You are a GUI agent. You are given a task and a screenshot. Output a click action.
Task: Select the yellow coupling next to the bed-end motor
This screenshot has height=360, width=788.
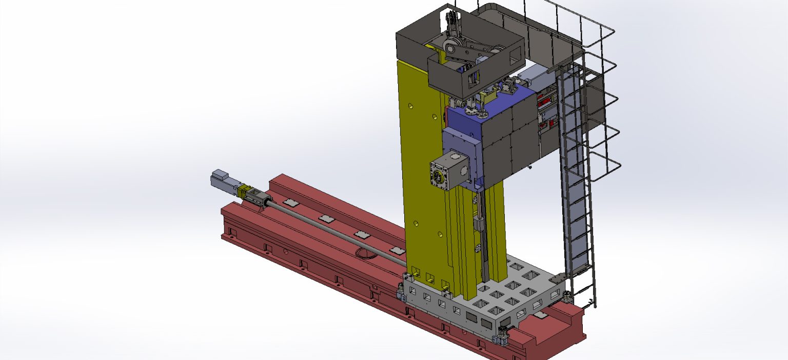coord(243,191)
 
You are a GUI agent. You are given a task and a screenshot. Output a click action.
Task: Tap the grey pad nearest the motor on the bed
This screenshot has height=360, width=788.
coord(291,204)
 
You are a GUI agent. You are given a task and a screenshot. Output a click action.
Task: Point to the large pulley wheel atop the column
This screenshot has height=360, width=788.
coord(451,48)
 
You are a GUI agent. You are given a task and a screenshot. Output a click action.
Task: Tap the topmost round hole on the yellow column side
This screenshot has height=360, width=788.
coord(410,106)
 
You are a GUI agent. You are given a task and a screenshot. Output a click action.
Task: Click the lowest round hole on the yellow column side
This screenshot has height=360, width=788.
coord(440,234)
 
